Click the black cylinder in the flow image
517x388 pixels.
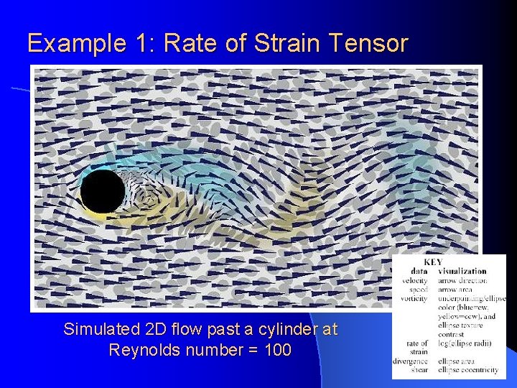[x=103, y=191]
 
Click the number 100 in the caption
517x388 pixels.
[x=276, y=351]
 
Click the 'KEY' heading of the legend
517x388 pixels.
[x=433, y=262]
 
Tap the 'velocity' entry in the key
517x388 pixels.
[x=415, y=280]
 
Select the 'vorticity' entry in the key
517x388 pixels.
[x=414, y=298]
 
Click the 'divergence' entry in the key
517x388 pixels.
[x=411, y=361]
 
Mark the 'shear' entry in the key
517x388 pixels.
[x=419, y=369]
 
